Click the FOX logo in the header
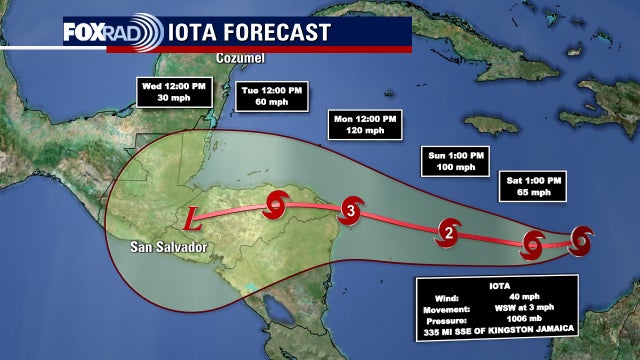[x=82, y=32]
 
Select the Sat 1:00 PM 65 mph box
[x=533, y=185]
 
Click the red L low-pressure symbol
[x=196, y=213]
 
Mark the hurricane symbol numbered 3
[x=350, y=210]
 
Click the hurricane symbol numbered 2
[x=450, y=235]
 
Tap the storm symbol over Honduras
[x=275, y=206]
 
